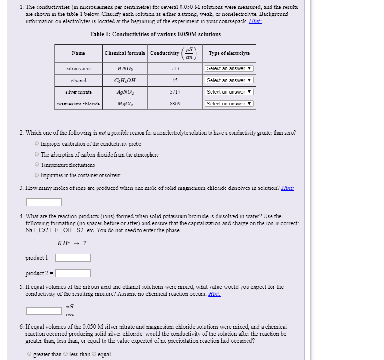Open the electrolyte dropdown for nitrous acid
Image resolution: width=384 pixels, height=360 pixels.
pyautogui.click(x=229, y=68)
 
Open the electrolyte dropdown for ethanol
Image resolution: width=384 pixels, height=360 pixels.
pyautogui.click(x=229, y=80)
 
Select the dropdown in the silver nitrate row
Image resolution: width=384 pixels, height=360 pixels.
pyautogui.click(x=229, y=92)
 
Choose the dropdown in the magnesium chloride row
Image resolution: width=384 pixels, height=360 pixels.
pyautogui.click(x=229, y=104)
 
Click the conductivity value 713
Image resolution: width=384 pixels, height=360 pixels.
pyautogui.click(x=175, y=68)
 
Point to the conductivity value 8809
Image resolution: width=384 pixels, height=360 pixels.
pyautogui.click(x=175, y=104)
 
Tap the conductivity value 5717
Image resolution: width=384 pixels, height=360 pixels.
pyautogui.click(x=175, y=92)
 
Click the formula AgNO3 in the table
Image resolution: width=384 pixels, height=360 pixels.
pyautogui.click(x=124, y=92)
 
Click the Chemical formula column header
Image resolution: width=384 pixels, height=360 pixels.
pyautogui.click(x=125, y=53)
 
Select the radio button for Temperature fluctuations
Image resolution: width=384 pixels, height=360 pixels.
pyautogui.click(x=37, y=165)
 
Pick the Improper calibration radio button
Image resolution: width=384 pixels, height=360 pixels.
pyautogui.click(x=37, y=144)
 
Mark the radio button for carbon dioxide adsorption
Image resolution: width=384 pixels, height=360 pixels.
pyautogui.click(x=37, y=155)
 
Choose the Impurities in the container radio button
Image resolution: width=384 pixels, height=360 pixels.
pyautogui.click(x=37, y=175)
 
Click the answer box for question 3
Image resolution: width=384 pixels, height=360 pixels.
pyautogui.click(x=44, y=202)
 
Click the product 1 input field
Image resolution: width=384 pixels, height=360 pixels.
pyautogui.click(x=73, y=257)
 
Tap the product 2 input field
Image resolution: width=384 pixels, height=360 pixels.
pyautogui.click(x=73, y=273)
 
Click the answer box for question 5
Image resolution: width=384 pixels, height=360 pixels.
pyautogui.click(x=44, y=310)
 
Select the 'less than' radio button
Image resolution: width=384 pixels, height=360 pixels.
pyautogui.click(x=66, y=354)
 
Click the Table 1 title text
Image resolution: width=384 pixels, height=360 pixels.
pyautogui.click(x=155, y=34)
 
